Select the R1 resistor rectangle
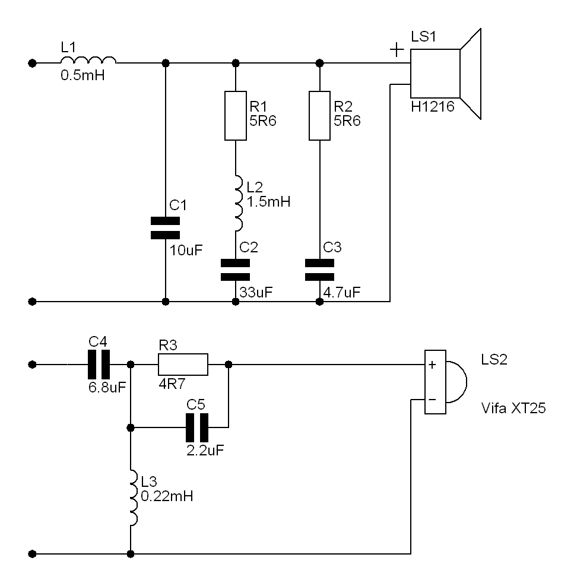tap(236, 116)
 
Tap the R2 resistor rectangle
tap(319, 116)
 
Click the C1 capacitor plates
tap(165, 228)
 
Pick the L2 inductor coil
tap(239, 203)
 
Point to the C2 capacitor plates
tap(236, 270)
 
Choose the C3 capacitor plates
tap(319, 270)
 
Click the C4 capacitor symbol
tap(99, 365)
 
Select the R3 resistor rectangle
tap(183, 365)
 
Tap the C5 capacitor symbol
tap(197, 427)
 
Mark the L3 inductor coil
tap(134, 498)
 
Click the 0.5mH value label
tap(83, 76)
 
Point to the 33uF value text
tap(256, 293)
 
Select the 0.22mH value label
tap(167, 496)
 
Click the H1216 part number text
tap(433, 107)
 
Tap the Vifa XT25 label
tap(513, 408)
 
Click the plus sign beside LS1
tap(397, 50)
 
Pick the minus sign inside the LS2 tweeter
tap(432, 400)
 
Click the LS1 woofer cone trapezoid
tap(471, 74)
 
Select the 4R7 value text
tap(172, 384)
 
